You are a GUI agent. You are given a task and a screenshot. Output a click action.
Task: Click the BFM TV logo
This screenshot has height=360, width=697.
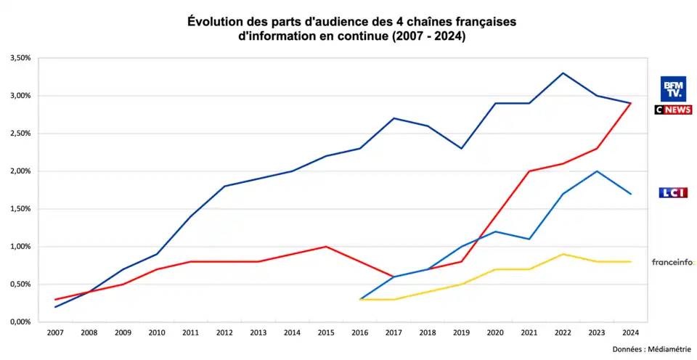tap(672, 89)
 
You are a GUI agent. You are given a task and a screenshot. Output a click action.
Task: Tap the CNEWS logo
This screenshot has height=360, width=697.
tap(673, 110)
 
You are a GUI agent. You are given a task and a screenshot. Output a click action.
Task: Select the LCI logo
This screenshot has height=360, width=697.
tap(673, 192)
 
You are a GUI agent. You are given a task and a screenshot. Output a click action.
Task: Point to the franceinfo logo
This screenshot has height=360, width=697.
tap(673, 262)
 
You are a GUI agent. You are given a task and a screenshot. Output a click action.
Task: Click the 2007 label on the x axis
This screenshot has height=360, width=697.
tap(55, 333)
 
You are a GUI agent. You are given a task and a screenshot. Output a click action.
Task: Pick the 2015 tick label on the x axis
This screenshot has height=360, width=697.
tap(326, 333)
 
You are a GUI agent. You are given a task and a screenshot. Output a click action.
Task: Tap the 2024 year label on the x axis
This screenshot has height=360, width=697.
tap(631, 333)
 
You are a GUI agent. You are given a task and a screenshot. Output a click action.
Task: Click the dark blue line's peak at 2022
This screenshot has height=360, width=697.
tap(563, 73)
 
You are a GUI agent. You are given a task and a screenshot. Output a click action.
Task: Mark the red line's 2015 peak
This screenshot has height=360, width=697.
tap(326, 246)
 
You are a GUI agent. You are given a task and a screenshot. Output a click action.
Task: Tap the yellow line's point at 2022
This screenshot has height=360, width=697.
tap(563, 254)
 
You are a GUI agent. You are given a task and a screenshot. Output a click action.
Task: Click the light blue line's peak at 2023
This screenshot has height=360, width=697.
tap(597, 171)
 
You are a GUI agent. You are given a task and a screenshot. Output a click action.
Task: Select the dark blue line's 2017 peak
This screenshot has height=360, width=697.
tap(394, 118)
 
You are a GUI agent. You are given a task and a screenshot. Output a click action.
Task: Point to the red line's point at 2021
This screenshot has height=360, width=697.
tap(529, 171)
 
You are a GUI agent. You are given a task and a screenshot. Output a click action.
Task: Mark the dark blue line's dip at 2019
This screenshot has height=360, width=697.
tap(462, 148)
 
